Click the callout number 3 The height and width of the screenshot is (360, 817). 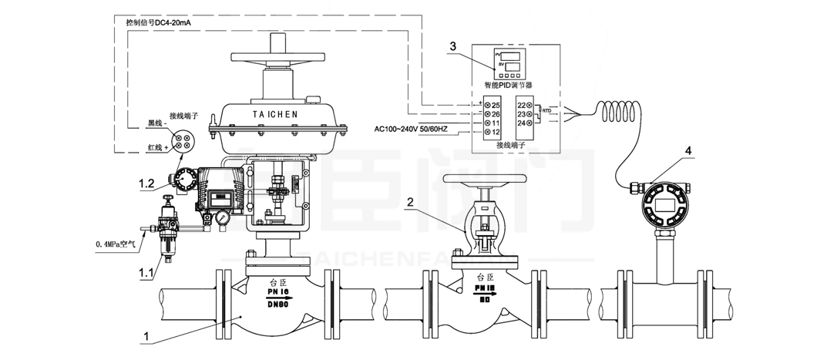coord(454,46)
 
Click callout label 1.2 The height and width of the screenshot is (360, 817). coord(149,183)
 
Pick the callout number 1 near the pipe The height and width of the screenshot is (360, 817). coord(146,337)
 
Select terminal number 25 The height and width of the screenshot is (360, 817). coord(496,104)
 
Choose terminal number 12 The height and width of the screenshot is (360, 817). coord(496,133)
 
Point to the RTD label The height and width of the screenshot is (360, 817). coord(546,111)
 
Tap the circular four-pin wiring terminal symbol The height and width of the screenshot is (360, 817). coord(183,140)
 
